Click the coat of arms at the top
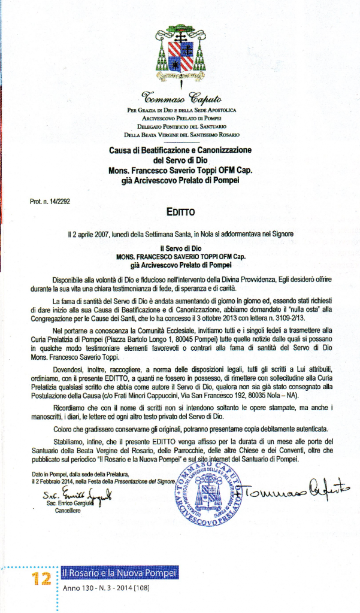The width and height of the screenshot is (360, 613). [x=180, y=53]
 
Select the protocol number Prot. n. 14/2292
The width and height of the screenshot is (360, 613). [x=50, y=201]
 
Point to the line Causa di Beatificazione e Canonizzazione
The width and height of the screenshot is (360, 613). [x=180, y=150]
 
